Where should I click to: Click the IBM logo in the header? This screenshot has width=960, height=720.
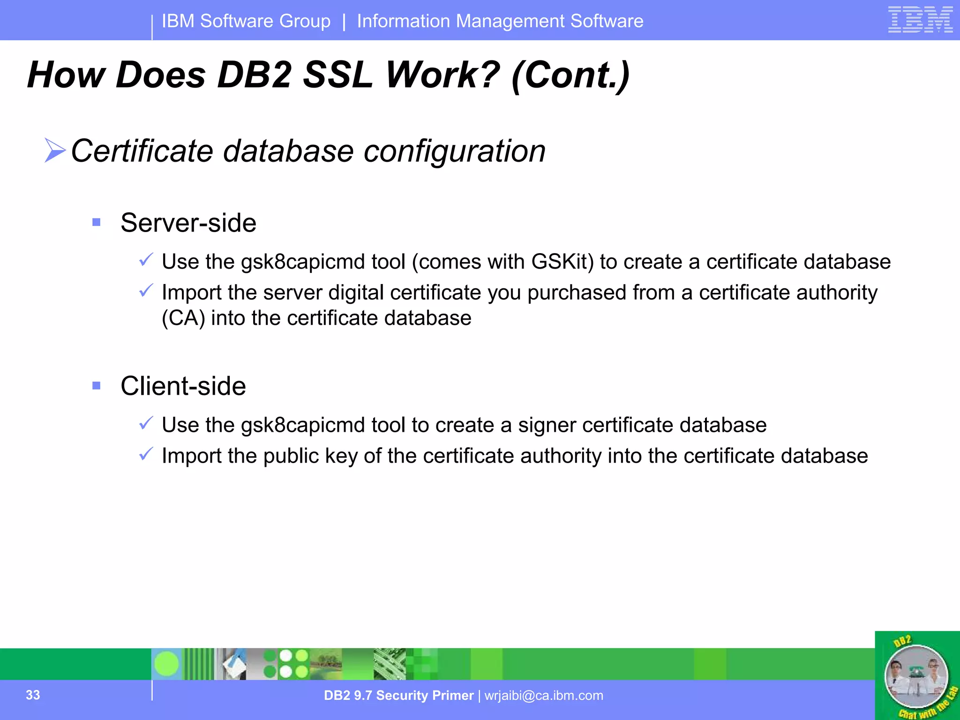click(x=920, y=20)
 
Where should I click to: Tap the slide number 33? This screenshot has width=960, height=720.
click(x=33, y=695)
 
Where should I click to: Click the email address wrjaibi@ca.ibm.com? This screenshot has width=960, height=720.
click(x=544, y=695)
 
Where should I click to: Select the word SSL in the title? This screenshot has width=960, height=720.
click(x=337, y=75)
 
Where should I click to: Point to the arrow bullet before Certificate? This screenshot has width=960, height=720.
click(x=55, y=150)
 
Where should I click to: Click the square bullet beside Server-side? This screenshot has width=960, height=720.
click(x=97, y=222)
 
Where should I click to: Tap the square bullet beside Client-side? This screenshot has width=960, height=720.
click(x=97, y=386)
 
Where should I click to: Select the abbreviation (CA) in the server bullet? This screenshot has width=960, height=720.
click(x=183, y=318)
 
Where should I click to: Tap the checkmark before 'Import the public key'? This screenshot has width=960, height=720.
click(x=146, y=454)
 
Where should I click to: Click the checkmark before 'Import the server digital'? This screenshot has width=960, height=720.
click(x=146, y=291)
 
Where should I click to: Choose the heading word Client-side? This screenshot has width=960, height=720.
click(x=183, y=386)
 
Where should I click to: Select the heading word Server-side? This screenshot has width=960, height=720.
click(x=188, y=223)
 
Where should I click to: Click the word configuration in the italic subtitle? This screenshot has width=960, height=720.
click(x=455, y=151)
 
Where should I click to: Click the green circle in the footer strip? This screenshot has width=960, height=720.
click(x=166, y=664)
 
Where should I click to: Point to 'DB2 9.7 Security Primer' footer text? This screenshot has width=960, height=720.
click(x=398, y=695)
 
